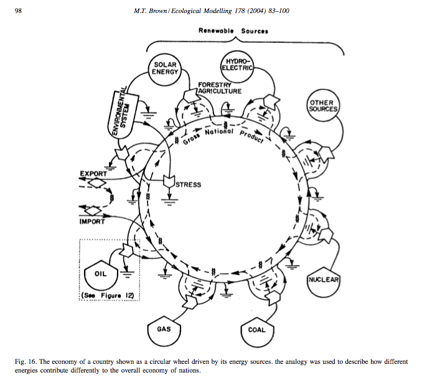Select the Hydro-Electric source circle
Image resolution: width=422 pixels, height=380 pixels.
click(x=238, y=63)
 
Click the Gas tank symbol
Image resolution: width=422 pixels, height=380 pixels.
click(x=165, y=329)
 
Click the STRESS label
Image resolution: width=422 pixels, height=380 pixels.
click(x=189, y=185)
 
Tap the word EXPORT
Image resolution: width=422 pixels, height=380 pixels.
click(x=93, y=173)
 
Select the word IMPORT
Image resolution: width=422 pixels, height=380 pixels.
click(x=92, y=221)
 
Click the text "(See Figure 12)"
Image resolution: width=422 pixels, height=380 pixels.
click(x=110, y=294)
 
